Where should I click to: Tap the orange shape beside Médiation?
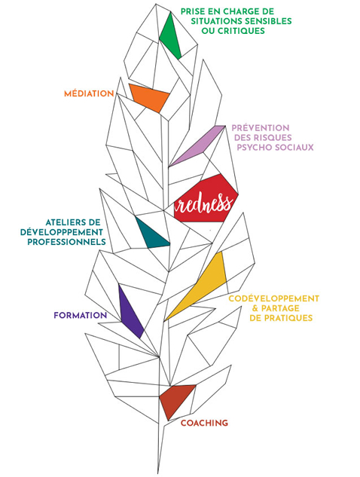[150, 96]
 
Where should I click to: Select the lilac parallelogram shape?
[197, 145]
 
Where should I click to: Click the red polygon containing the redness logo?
[206, 199]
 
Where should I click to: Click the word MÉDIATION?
[89, 93]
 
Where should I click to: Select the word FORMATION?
[81, 315]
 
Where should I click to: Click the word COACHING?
[204, 423]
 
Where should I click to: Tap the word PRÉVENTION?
[261, 128]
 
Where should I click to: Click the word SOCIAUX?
[294, 147]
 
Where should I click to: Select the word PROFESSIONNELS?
[66, 242]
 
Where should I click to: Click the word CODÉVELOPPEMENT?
[274, 298]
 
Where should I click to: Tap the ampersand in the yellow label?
[255, 308]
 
